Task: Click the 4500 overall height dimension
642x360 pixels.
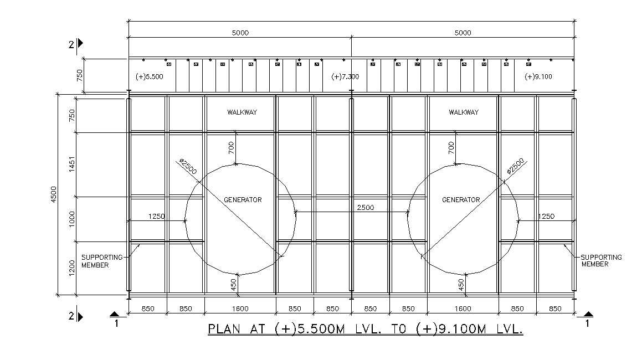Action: [x=54, y=194]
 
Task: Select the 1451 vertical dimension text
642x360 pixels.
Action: [x=71, y=164]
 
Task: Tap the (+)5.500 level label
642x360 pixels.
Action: [x=149, y=76]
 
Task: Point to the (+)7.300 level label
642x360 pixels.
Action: [x=345, y=76]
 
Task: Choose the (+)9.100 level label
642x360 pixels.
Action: [x=538, y=76]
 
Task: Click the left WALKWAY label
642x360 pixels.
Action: [x=242, y=112]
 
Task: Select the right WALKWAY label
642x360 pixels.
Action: [x=463, y=112]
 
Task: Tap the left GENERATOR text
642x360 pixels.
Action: [x=243, y=200]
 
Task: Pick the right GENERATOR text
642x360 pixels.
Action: [x=461, y=200]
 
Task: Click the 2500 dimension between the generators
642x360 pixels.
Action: [x=365, y=208]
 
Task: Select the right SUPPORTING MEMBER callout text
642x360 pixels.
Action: [x=601, y=261]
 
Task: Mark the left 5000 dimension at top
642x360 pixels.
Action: [x=240, y=33]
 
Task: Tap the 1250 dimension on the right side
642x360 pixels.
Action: [x=546, y=217]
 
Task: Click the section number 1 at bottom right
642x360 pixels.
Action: [x=588, y=323]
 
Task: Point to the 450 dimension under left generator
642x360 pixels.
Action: [x=234, y=285]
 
